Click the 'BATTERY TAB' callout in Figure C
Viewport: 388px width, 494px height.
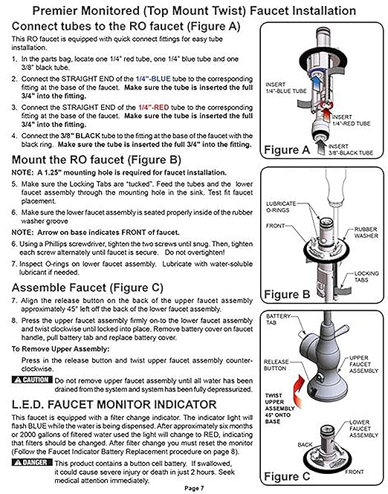[x=279, y=318]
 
